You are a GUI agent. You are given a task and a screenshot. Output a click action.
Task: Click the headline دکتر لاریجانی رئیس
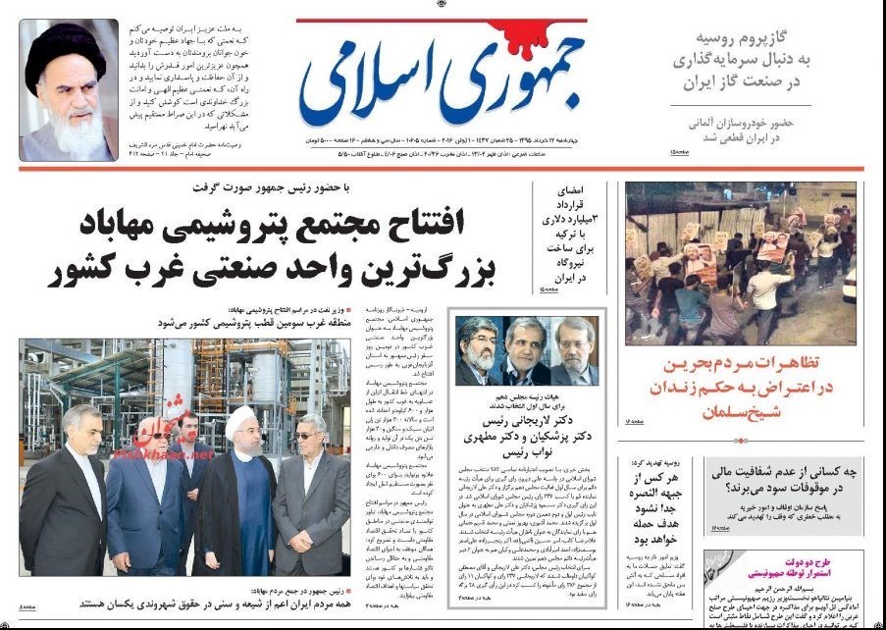(x=530, y=418)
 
